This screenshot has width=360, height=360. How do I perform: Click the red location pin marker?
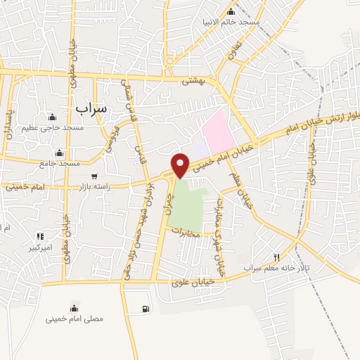click(x=181, y=165)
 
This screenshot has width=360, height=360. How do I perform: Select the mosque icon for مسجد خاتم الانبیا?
click(x=231, y=11)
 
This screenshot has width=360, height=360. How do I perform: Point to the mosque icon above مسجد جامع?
click(x=58, y=153)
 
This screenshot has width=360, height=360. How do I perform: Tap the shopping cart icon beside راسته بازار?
click(x=95, y=176)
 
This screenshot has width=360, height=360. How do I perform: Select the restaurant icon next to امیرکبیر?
click(x=40, y=236)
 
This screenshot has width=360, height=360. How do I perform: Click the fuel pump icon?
click(x=146, y=308)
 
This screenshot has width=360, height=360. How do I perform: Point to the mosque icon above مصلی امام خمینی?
click(x=74, y=308)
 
